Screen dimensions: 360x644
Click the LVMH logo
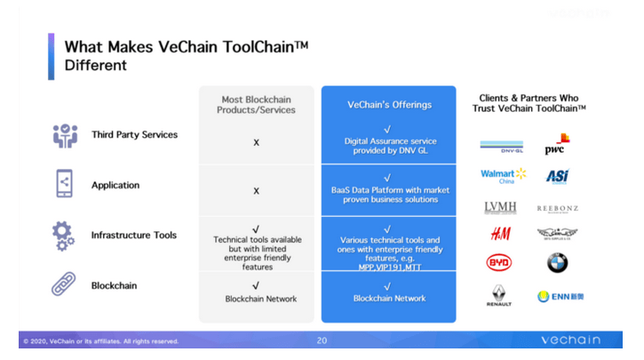(500, 206)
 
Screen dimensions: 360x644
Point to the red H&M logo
(500, 235)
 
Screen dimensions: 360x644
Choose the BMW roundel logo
(558, 262)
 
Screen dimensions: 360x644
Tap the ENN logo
(561, 296)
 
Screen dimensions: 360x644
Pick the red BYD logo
(500, 262)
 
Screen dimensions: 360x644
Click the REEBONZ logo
(558, 208)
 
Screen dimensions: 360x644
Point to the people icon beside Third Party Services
(65, 135)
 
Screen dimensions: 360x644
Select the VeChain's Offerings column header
(389, 105)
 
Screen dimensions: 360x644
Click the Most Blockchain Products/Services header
(256, 105)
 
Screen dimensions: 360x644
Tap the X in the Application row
(256, 191)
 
